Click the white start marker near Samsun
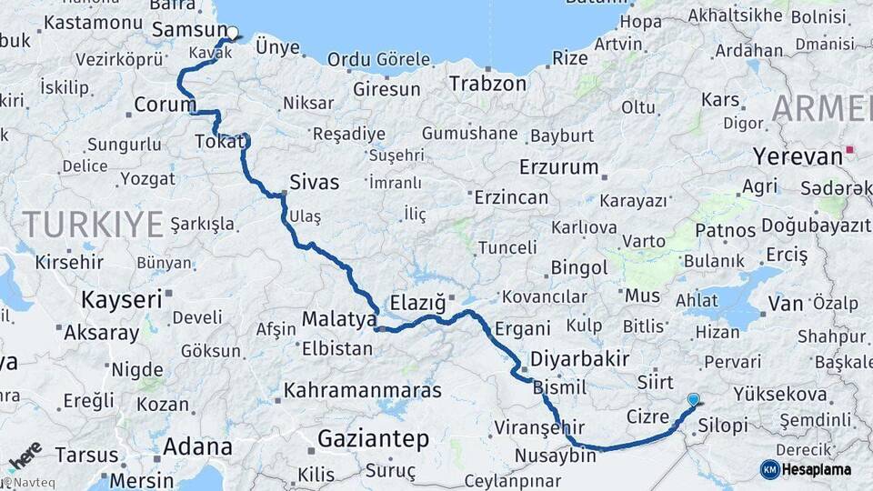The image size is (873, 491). click(x=232, y=34)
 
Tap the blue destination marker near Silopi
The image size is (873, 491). click(x=694, y=399)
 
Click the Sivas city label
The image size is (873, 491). click(x=314, y=182)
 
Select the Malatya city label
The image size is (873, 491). click(x=338, y=320)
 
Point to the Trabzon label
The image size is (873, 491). click(x=487, y=84)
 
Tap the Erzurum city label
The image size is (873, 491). click(x=559, y=167)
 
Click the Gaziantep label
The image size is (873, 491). click(x=373, y=440)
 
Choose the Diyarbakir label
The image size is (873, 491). click(x=580, y=358)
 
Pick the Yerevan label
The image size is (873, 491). click(x=798, y=156)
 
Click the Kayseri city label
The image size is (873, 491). click(x=122, y=299)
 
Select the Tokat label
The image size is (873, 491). click(x=219, y=142)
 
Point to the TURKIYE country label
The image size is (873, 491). click(x=93, y=223)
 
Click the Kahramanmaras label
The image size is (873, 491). click(x=363, y=391)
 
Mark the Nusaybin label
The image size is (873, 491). click(x=555, y=455)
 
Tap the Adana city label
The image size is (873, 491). click(x=197, y=446)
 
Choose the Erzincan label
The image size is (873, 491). click(x=510, y=197)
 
